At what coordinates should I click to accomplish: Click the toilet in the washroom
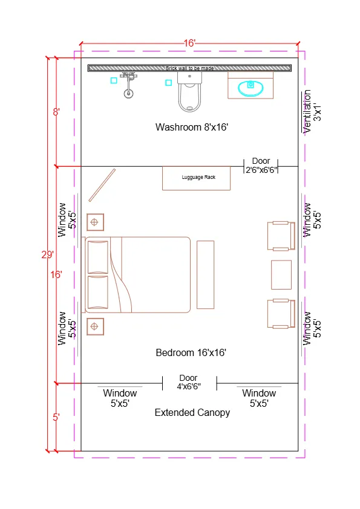coord(189,96)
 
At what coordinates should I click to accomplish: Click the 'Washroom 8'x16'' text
coord(191,127)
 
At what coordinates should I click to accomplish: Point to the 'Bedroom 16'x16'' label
coord(191,352)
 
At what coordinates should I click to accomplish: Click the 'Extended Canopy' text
coord(192,412)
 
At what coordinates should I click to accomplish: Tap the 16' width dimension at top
coord(189,43)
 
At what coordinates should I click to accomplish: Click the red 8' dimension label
coord(56,112)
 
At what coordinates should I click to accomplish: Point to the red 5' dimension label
coord(56,417)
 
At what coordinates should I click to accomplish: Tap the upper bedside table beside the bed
coord(94,222)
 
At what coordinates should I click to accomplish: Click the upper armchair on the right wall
coord(280,236)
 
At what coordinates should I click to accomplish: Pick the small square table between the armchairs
coord(281,274)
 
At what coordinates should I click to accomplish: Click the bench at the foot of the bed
coord(206,274)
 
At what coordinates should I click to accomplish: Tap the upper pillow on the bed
coord(97,257)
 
